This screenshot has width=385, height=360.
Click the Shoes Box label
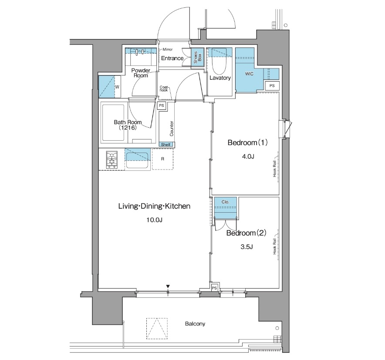click(x=198, y=57)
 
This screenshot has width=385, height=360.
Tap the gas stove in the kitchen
click(x=112, y=160)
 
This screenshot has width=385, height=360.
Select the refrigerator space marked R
click(x=162, y=159)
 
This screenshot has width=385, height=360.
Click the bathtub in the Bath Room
click(x=113, y=123)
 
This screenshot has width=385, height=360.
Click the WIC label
click(x=249, y=74)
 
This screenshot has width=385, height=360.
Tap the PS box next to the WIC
click(x=272, y=86)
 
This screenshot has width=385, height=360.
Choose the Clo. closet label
click(x=225, y=202)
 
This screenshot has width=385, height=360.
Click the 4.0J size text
click(x=248, y=156)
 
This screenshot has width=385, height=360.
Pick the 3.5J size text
click(x=247, y=247)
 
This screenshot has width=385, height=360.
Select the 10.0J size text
click(x=155, y=220)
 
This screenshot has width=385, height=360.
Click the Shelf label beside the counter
click(x=165, y=145)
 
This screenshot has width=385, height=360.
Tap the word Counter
click(x=172, y=129)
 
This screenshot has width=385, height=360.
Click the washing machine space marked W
click(x=117, y=87)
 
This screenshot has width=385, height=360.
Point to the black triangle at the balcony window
click(x=168, y=286)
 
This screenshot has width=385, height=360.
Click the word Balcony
click(x=195, y=324)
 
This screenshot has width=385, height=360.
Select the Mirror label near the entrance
click(x=168, y=49)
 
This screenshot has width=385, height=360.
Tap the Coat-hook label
click(x=164, y=89)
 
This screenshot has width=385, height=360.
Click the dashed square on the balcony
click(x=157, y=329)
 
